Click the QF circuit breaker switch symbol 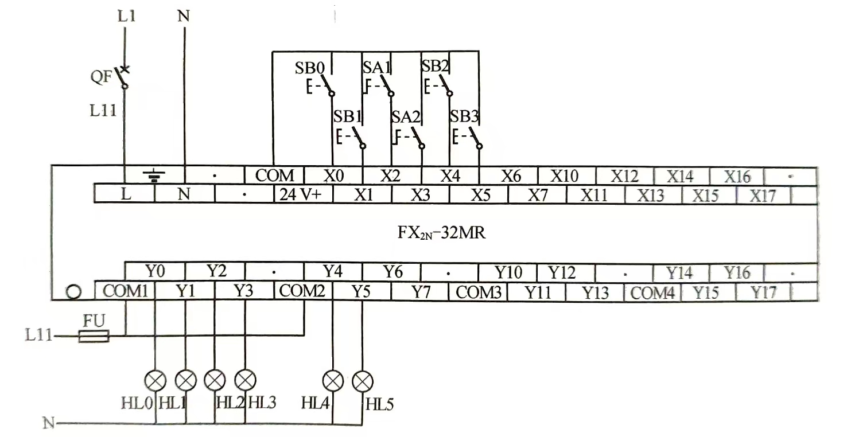122,77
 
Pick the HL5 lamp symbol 363,380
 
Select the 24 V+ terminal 301,195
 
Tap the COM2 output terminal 302,292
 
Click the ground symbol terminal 154,175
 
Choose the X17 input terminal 763,196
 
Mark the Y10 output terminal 508,272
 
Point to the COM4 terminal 652,293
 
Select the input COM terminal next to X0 274,175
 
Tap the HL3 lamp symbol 246,380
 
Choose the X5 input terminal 480,196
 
